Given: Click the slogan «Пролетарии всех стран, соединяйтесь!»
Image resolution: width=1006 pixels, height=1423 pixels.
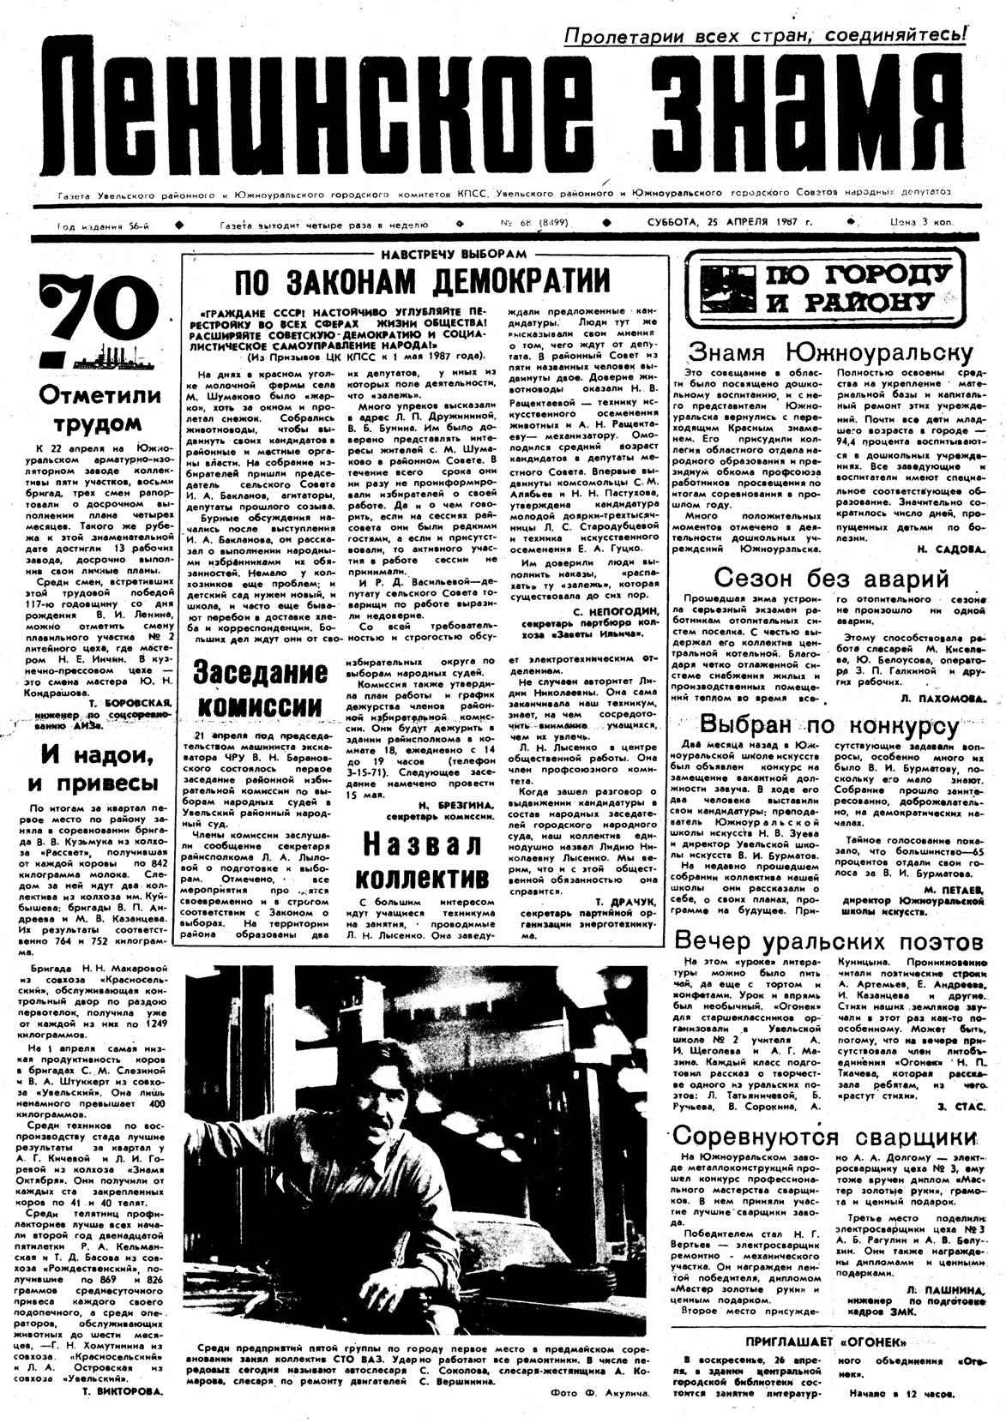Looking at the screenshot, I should [x=765, y=35].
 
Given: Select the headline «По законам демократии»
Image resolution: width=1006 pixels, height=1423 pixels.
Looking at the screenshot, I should [x=424, y=282].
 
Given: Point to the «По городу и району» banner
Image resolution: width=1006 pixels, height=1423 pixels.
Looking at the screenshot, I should [x=822, y=287].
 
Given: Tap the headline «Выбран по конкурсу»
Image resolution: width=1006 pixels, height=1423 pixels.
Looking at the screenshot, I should [x=830, y=726].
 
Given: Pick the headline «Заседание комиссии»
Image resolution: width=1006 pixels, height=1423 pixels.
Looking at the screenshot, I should [x=258, y=688].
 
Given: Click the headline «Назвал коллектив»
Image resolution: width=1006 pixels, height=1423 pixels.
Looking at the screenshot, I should [x=422, y=860].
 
